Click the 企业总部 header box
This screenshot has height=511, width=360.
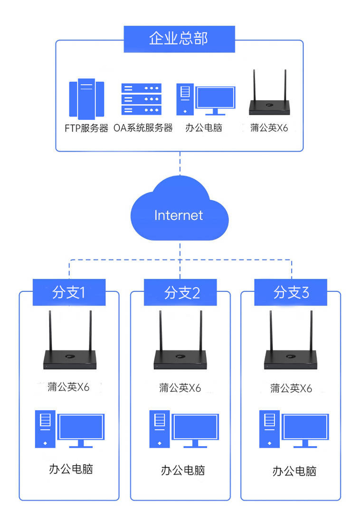pos(179,39)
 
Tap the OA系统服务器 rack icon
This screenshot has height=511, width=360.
pos(141,99)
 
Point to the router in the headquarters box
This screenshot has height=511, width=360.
pos(268,98)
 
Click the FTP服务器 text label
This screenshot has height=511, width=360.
pos(86,128)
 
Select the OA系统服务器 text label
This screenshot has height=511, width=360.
pos(143,128)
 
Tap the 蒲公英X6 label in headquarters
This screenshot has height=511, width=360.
pos(269,128)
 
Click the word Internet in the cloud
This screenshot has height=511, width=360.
pos(178,215)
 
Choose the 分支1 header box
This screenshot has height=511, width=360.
pos(69,293)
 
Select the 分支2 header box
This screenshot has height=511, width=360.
pos(180,293)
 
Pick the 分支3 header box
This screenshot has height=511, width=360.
pos(291,293)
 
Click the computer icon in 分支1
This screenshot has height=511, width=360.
pos(69,429)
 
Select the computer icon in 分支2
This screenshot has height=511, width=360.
pos(183,429)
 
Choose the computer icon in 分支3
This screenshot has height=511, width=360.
pos(294,429)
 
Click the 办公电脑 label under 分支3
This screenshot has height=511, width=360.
pos(294,471)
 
